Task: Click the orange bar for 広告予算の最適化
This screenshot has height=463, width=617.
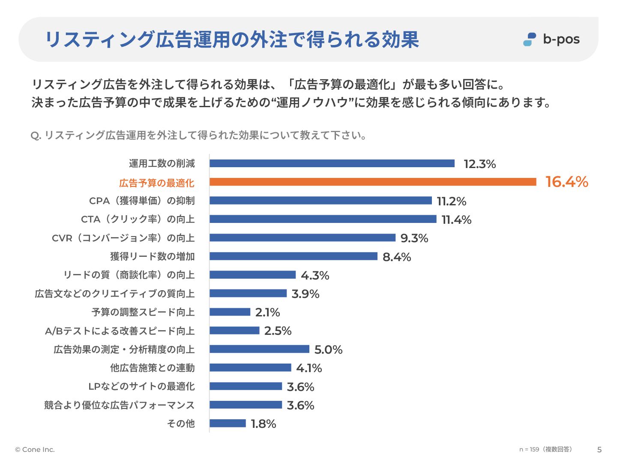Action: tap(373, 182)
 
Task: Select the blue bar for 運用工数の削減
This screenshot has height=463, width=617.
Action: tap(332, 163)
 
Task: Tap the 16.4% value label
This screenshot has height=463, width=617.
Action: tap(566, 182)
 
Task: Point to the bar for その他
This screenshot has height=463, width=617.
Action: tap(228, 424)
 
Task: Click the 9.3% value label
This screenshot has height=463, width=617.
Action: tap(414, 238)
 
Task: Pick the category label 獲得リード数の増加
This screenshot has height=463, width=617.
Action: tap(153, 256)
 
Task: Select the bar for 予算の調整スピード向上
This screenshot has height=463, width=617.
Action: tap(230, 312)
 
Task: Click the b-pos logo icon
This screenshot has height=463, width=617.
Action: tap(530, 39)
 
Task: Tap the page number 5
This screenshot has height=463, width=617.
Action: tap(599, 450)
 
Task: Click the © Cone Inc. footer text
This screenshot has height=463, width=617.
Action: tap(35, 450)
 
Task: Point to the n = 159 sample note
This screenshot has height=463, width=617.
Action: tap(545, 449)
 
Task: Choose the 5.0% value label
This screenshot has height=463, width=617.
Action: tap(328, 350)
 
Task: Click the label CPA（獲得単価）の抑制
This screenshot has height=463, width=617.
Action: tap(142, 201)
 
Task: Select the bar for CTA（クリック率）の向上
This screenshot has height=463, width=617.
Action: tap(323, 219)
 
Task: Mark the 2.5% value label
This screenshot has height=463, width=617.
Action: tap(278, 331)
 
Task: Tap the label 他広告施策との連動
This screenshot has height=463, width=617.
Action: tap(153, 368)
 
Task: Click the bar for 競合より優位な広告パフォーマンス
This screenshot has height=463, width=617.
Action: tap(246, 405)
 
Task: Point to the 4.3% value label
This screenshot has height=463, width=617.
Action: tap(315, 275)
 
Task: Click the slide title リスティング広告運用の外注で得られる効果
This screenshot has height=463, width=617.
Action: tap(232, 39)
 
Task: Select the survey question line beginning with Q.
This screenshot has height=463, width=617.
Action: tap(198, 135)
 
